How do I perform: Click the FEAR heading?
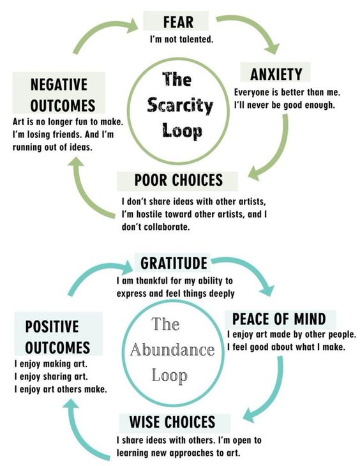pyautogui.click(x=178, y=22)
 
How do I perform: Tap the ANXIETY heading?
pyautogui.click(x=276, y=74)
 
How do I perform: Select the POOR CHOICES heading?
pyautogui.click(x=178, y=180)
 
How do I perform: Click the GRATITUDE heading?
pyautogui.click(x=174, y=263)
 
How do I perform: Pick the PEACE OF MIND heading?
pyautogui.click(x=279, y=319)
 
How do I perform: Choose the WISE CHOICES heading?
pyautogui.click(x=172, y=422)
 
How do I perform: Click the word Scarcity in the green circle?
pyautogui.click(x=180, y=105)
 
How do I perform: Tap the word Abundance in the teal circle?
pyautogui.click(x=172, y=350)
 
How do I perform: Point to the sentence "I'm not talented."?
pyautogui.click(x=181, y=39)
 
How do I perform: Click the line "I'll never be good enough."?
pyautogui.click(x=285, y=105)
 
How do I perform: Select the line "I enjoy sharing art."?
pyautogui.click(x=51, y=377)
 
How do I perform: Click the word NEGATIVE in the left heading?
pyautogui.click(x=59, y=85)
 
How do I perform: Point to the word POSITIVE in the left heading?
pyautogui.click(x=52, y=326)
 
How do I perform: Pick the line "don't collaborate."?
pyautogui.click(x=156, y=227)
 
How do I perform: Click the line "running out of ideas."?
pyautogui.click(x=52, y=147)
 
